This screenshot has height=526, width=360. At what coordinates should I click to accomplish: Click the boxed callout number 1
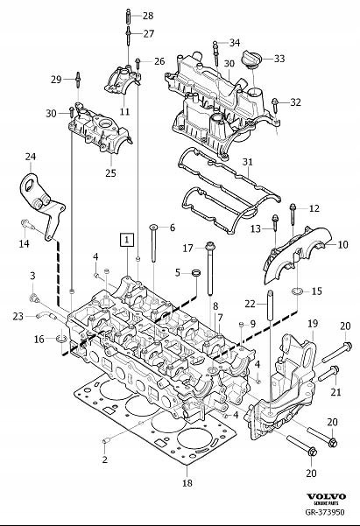(126, 240)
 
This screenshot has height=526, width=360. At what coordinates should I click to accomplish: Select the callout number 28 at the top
(148, 16)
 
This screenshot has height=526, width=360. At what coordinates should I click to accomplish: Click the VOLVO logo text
(326, 496)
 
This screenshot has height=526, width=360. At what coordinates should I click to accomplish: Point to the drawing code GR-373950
(325, 512)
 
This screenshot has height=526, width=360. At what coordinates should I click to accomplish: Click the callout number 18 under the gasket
(187, 483)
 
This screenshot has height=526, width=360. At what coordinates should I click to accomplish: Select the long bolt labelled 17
(210, 269)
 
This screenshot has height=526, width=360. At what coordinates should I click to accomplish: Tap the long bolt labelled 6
(153, 243)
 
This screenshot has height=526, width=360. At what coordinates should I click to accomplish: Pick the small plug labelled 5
(196, 272)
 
